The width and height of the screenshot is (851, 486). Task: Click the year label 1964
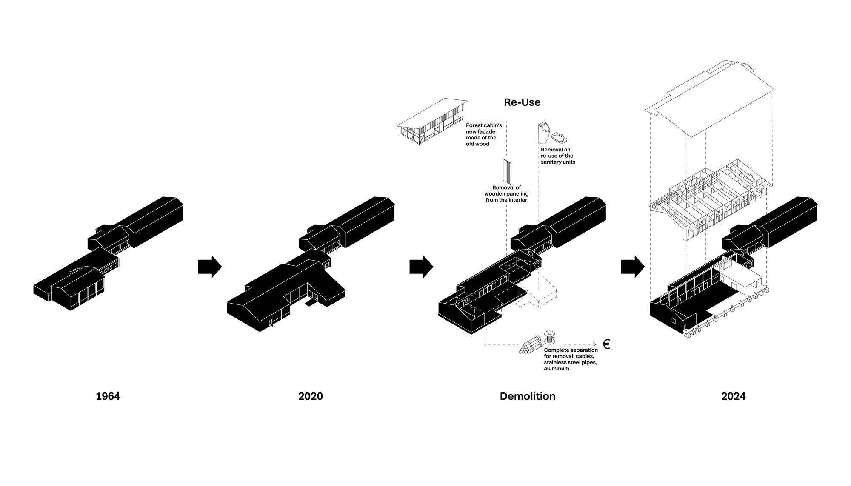(108, 396)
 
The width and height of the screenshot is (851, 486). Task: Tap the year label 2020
(311, 396)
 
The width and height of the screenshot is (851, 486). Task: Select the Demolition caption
(528, 396)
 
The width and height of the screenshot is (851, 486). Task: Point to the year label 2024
(733, 396)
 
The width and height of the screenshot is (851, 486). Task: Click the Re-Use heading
(522, 102)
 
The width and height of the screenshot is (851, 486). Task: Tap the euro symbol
(606, 344)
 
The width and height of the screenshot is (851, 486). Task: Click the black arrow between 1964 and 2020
(210, 267)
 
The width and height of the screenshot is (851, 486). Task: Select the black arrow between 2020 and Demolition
(421, 267)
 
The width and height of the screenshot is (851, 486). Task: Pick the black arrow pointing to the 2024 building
(633, 267)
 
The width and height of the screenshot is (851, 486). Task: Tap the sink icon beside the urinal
(560, 138)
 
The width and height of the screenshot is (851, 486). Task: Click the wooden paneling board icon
(507, 171)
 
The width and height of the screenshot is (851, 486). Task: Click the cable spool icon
(550, 338)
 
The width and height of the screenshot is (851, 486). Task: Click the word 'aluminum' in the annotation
(556, 369)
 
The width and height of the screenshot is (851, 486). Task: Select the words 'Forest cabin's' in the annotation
(484, 125)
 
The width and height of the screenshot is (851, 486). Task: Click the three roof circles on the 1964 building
(74, 270)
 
